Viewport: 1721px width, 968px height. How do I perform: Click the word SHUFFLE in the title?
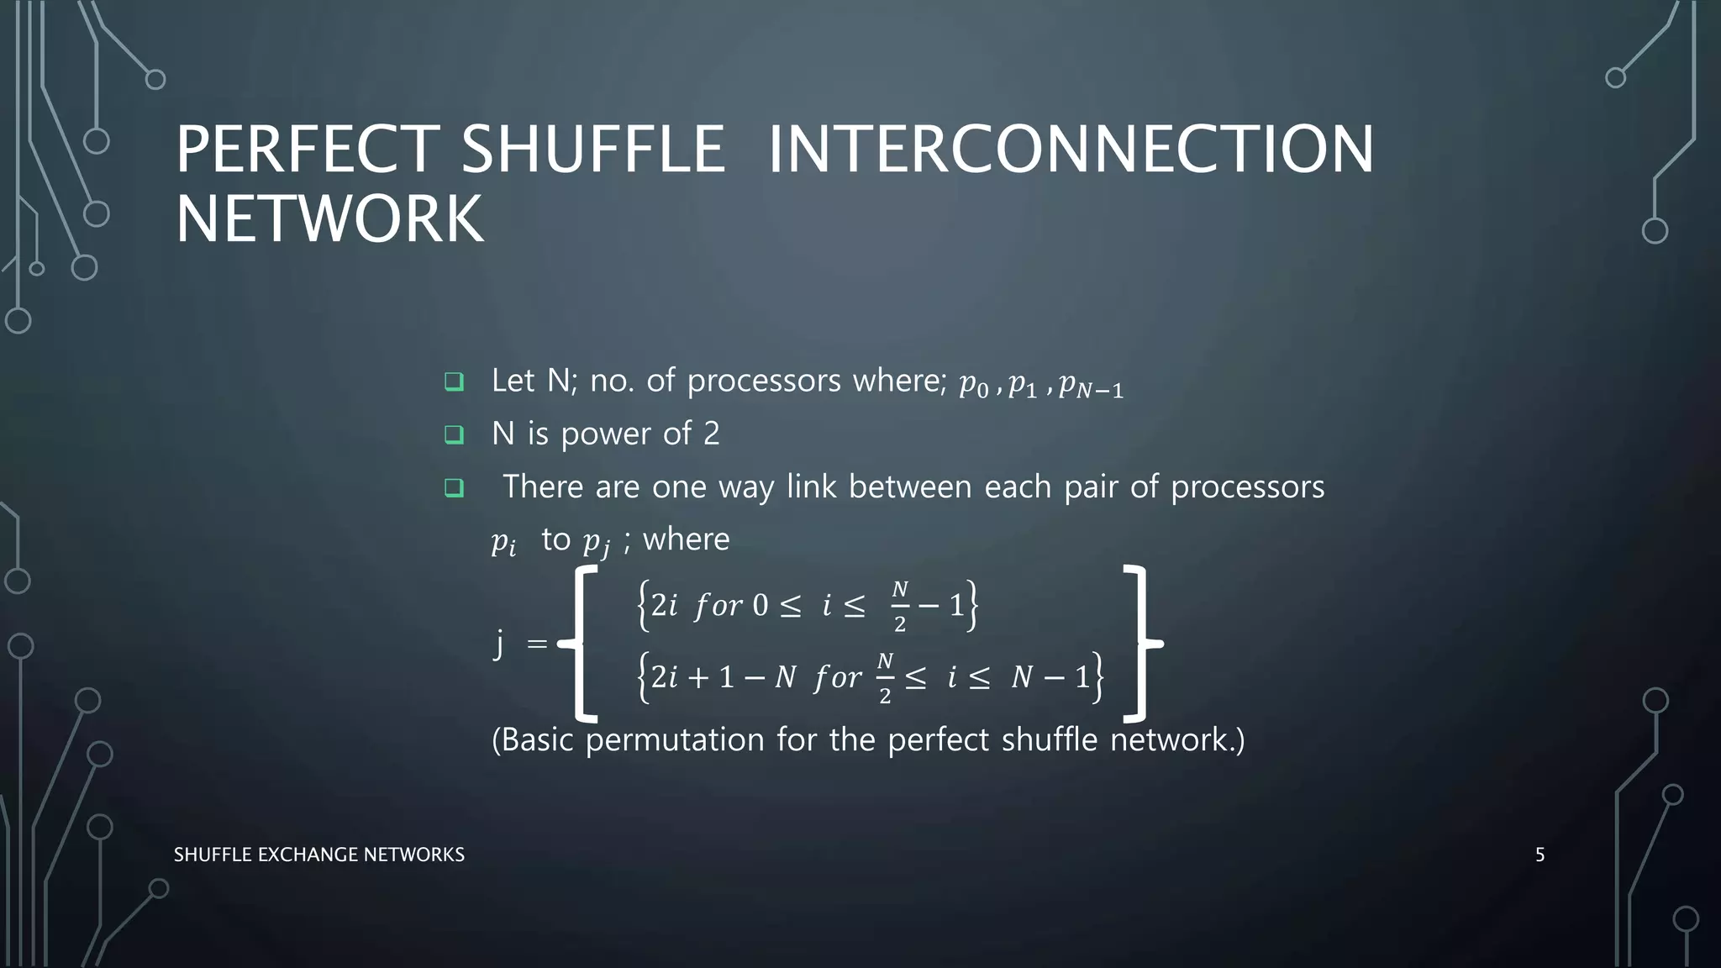592,150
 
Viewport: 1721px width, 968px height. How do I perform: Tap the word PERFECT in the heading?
307,150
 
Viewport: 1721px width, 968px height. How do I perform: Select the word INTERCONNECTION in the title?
1071,150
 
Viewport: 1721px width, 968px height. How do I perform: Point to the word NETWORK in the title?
329,219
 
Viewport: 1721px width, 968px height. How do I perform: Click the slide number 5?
1539,855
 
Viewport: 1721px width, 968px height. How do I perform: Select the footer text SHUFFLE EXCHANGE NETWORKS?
318,855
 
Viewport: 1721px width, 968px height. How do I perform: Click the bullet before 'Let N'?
454,382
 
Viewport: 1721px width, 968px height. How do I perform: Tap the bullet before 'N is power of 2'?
454,434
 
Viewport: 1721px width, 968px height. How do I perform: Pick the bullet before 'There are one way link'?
454,487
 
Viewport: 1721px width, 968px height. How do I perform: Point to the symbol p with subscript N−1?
1090,386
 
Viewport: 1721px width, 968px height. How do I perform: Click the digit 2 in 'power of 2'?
711,434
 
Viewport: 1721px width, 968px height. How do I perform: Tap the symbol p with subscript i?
503,542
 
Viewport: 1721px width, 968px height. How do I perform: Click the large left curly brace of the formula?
579,644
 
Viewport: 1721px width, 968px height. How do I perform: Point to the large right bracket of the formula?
1140,644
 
